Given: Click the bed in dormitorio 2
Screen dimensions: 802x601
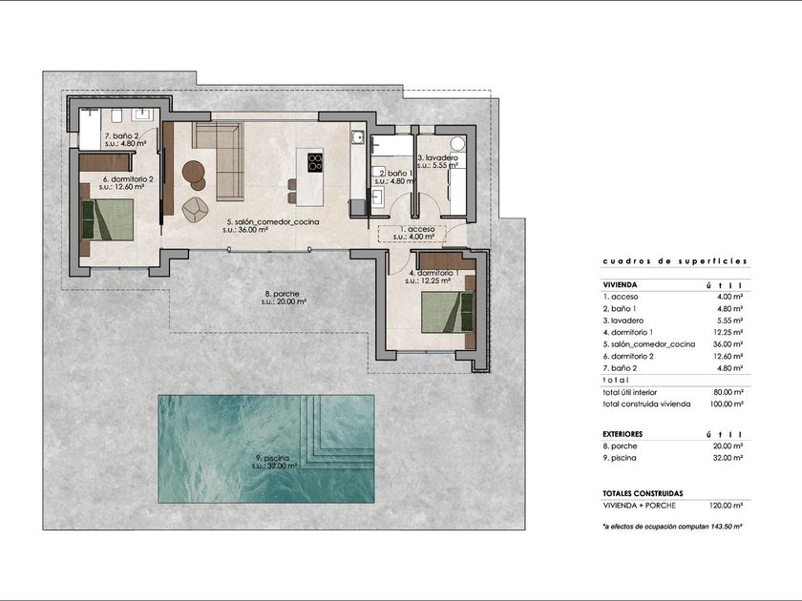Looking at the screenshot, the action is [x=107, y=219].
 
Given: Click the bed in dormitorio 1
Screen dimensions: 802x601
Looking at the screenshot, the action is [x=448, y=311].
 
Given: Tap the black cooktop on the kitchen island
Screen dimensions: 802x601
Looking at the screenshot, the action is [x=315, y=161].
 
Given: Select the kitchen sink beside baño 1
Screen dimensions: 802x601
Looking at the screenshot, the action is [x=357, y=137].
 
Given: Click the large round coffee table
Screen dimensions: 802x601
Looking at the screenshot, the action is [x=193, y=171].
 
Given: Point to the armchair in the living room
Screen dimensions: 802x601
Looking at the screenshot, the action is [x=195, y=210].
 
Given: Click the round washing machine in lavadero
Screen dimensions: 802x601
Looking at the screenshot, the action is [x=457, y=143].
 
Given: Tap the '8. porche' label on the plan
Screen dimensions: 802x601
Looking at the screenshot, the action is [x=282, y=294].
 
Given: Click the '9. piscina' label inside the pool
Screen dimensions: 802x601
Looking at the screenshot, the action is [x=273, y=459].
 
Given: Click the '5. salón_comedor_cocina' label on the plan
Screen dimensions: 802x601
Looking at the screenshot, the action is [x=273, y=221].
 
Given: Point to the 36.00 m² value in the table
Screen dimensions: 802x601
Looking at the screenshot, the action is [x=728, y=344].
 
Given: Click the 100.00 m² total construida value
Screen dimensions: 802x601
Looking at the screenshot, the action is [x=727, y=404].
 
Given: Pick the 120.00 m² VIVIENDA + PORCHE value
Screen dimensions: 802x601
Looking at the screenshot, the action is [x=727, y=506].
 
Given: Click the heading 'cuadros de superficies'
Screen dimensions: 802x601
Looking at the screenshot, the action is [x=675, y=261].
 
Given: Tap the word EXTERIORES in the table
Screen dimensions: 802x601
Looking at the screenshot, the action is [x=623, y=434].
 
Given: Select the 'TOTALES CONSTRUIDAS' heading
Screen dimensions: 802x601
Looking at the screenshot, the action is [x=643, y=494].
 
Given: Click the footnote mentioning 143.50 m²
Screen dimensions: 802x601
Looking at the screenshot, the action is [x=672, y=526].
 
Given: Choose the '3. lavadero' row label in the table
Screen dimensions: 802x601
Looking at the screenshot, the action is [x=623, y=321].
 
